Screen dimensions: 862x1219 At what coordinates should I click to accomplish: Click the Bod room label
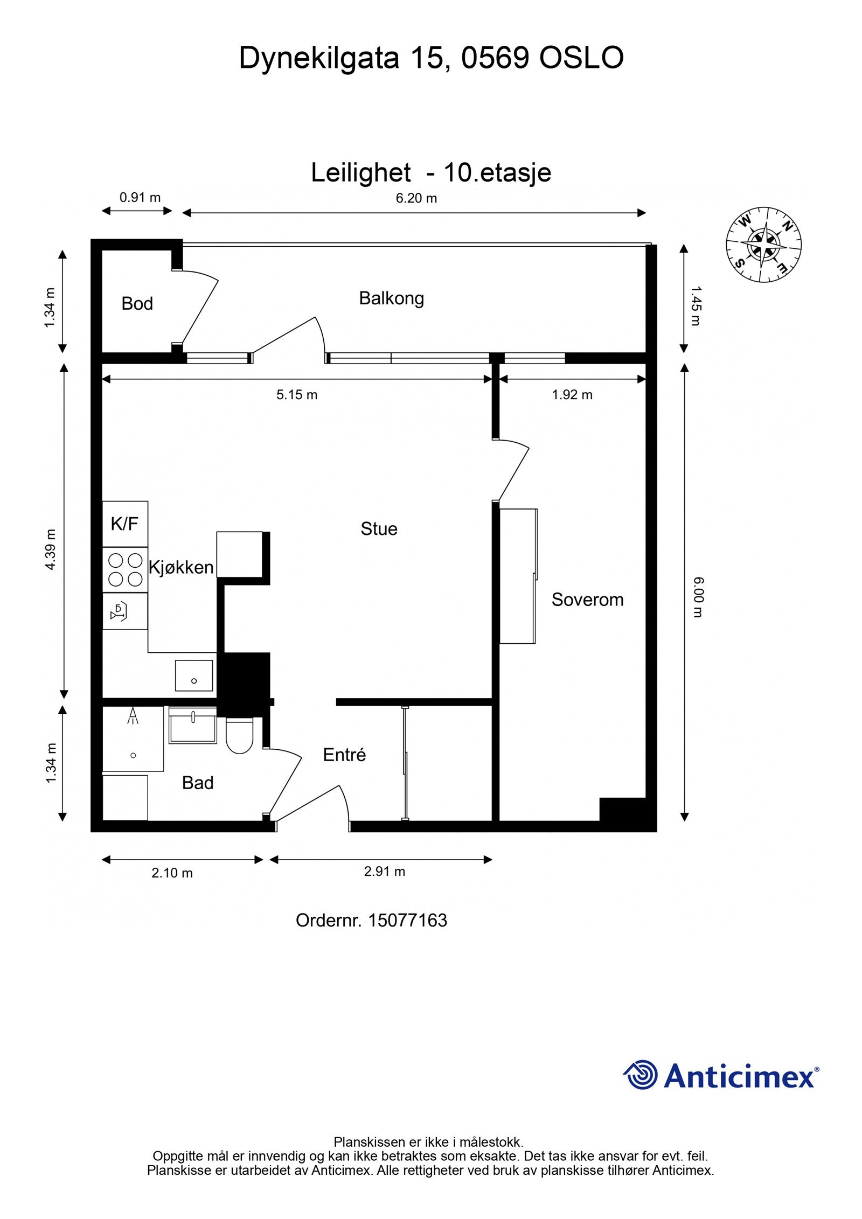137,304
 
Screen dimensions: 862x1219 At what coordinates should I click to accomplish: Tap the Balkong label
392,299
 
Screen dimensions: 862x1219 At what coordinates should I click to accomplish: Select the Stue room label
379,529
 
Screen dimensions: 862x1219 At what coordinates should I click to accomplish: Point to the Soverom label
588,600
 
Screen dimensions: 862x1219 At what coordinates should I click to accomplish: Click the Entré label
345,755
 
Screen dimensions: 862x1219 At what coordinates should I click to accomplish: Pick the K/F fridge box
125,524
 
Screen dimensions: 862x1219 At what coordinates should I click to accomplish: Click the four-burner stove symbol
125,570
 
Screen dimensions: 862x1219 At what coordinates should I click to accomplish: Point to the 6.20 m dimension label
416,198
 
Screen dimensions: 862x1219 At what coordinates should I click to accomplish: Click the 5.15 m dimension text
297,395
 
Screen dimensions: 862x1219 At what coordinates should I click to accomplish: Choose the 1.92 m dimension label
572,395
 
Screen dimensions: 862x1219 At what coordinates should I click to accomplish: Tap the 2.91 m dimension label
385,871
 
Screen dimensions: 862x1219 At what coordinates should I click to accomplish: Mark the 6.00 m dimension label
698,597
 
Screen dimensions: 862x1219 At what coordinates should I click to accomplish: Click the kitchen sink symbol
194,675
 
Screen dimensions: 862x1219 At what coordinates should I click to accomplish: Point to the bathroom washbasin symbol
193,726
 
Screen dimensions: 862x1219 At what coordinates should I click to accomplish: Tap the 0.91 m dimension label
140,197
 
